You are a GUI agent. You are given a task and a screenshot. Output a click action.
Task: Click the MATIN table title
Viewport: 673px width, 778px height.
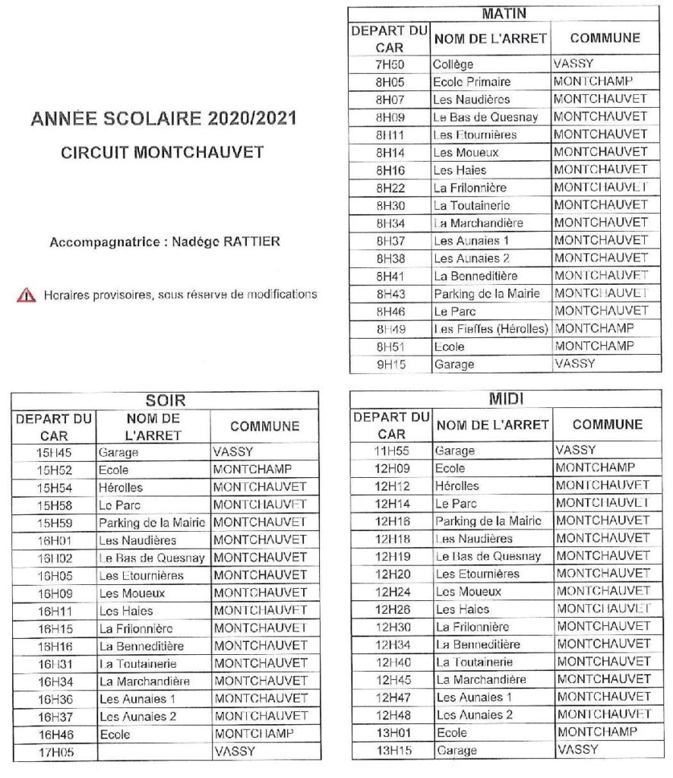click(504, 14)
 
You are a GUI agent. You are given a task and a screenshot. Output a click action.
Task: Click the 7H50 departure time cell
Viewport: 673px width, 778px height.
click(390, 64)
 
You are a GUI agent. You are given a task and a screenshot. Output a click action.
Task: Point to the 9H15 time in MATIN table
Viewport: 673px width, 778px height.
click(390, 364)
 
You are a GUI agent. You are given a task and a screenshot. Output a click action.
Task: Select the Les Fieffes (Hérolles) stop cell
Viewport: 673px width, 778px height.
click(491, 329)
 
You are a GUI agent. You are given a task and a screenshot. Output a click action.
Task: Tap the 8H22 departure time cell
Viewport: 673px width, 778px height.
click(390, 188)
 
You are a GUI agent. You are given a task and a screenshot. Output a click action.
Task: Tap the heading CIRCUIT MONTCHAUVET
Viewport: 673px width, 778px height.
click(162, 152)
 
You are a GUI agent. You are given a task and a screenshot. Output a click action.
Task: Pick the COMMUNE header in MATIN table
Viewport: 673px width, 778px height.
click(605, 38)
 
